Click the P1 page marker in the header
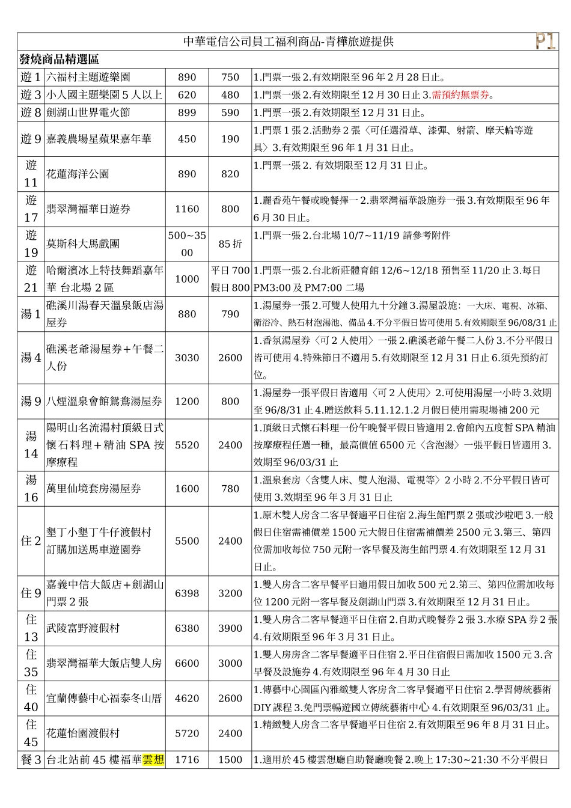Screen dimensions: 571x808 pos(545,41)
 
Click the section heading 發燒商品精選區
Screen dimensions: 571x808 pos(59,60)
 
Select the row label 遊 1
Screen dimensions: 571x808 pos(31,77)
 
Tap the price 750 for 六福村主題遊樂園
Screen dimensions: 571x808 pos(230,77)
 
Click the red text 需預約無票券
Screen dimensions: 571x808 pos(460,95)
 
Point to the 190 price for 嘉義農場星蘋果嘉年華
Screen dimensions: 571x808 pos(230,139)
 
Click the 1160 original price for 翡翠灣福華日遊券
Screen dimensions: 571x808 pos(187,209)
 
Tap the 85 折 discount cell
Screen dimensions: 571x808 pos(230,243)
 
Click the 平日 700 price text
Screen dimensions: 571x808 pos(230,271)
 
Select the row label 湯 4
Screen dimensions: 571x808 pos(31,358)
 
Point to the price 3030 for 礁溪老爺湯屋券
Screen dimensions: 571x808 pos(187,358)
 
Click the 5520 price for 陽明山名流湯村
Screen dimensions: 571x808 pos(187,445)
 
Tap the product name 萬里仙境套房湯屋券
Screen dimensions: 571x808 pos(94,489)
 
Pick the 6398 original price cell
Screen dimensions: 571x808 pos(187,593)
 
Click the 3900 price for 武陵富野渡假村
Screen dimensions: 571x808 pos(230,628)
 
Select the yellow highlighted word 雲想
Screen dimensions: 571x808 pos(153,759)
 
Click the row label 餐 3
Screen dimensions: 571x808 pos(31,759)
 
